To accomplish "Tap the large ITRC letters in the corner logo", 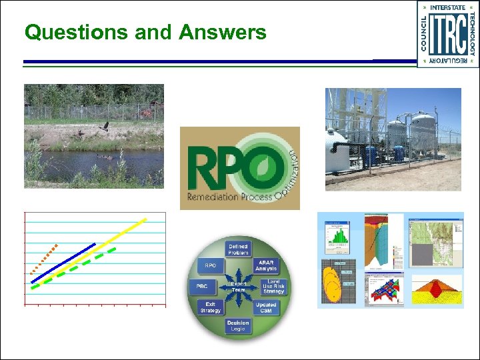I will coord(447,33).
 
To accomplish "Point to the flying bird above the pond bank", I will coord(103,126).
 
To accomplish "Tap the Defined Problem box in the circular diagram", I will coord(238,249).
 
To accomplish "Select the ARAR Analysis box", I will coord(266,265).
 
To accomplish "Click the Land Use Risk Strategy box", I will coord(273,287).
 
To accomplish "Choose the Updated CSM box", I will coord(265,307).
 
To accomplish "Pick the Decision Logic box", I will coord(237,325).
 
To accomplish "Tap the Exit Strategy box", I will coord(210,307).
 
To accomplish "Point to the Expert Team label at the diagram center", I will coord(238,287).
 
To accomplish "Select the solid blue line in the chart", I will coord(63,262).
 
